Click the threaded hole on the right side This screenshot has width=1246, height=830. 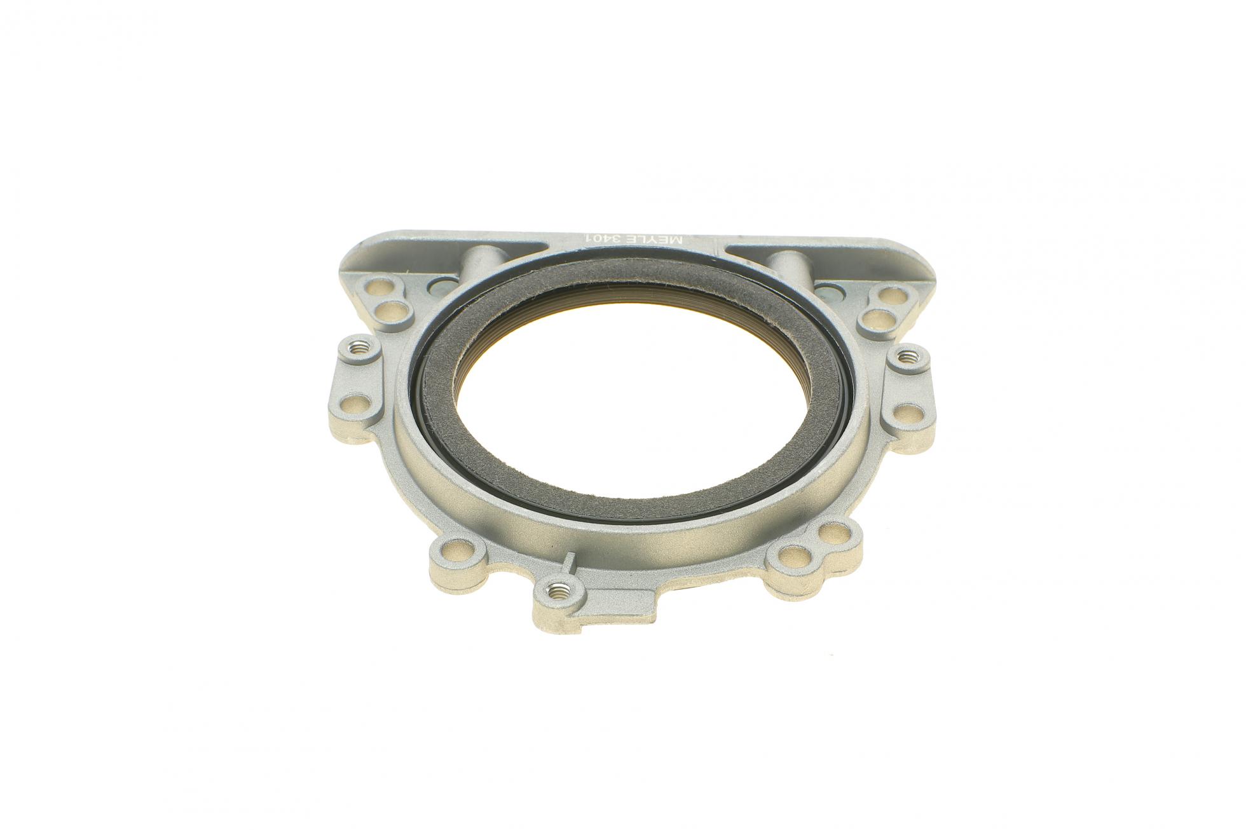coord(904,355)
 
